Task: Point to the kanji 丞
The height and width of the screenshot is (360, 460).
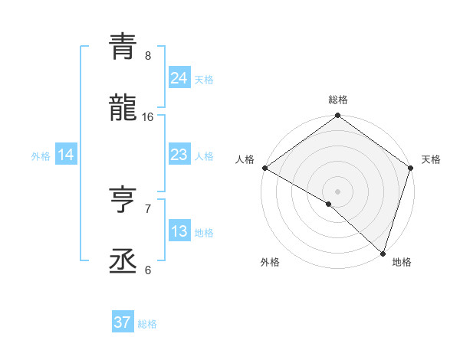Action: click(123, 260)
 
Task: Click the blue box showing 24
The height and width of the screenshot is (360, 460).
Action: click(179, 77)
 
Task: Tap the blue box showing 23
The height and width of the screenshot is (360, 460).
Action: click(179, 155)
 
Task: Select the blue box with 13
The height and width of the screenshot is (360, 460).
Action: click(179, 231)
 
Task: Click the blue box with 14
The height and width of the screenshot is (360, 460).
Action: click(66, 155)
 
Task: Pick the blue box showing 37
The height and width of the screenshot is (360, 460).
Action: click(122, 322)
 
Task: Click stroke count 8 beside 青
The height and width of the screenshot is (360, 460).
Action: click(148, 56)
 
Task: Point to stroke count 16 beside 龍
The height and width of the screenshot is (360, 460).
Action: click(148, 117)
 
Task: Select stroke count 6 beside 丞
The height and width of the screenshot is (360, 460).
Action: click(148, 270)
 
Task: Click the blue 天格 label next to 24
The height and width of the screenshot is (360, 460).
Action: click(204, 79)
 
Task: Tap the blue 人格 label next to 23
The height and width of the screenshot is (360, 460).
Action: click(204, 156)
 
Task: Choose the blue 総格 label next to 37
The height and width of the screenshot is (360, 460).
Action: click(147, 324)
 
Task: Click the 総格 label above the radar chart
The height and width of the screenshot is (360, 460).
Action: click(338, 100)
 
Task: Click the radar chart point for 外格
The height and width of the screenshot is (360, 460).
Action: click(329, 204)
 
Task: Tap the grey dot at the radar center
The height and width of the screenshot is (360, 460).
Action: click(337, 191)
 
